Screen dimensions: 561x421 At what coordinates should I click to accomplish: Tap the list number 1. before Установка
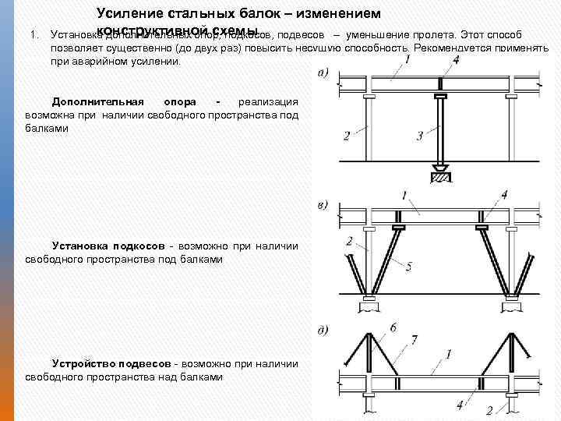click(x=34, y=35)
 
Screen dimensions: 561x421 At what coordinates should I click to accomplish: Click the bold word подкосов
click(x=139, y=246)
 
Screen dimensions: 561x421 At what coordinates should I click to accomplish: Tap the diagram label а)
click(x=323, y=74)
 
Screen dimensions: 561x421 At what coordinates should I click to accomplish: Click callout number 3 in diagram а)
click(x=420, y=136)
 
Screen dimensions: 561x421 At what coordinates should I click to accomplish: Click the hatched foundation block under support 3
click(x=441, y=177)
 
